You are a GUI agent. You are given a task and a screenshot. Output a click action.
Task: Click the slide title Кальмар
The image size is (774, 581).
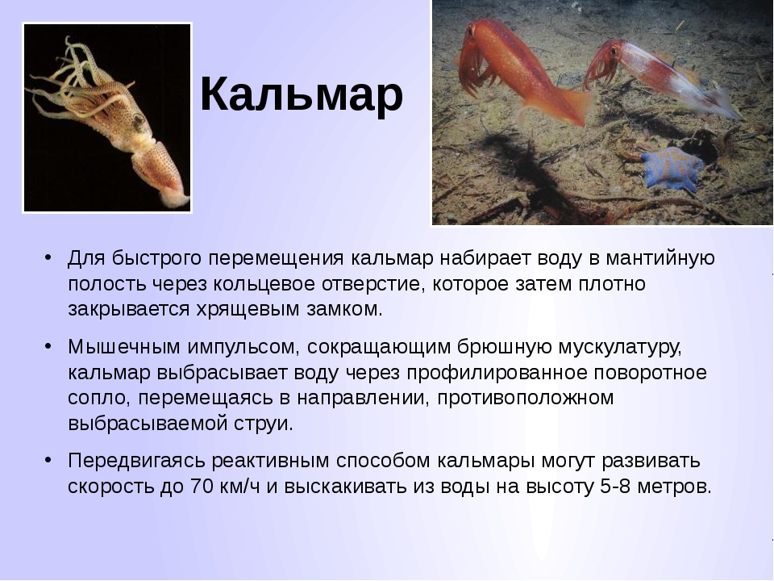pyautogui.click(x=302, y=94)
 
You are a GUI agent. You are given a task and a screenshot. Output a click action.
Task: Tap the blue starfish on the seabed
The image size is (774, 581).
pyautogui.click(x=672, y=167)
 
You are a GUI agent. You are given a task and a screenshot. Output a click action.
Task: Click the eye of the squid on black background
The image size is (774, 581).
pyautogui.click(x=138, y=119)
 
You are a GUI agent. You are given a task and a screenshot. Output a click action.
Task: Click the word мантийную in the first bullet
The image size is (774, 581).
pyautogui.click(x=660, y=258)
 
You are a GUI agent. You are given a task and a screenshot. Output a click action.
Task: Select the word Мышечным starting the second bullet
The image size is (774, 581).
pyautogui.click(x=124, y=347)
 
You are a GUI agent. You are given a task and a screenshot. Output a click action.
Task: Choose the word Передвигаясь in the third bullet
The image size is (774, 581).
pyautogui.click(x=135, y=462)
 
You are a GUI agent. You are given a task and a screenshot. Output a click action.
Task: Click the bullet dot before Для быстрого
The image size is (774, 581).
pyautogui.click(x=48, y=257)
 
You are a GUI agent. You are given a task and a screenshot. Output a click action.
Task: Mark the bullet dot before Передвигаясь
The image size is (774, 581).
pyautogui.click(x=48, y=460)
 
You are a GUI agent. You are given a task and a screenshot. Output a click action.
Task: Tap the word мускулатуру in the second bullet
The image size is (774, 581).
pyautogui.click(x=620, y=348)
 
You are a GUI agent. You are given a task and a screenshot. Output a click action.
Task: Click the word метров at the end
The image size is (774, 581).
pyautogui.click(x=675, y=487)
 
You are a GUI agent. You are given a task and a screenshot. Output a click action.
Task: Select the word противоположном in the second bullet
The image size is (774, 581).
pyautogui.click(x=525, y=398)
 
